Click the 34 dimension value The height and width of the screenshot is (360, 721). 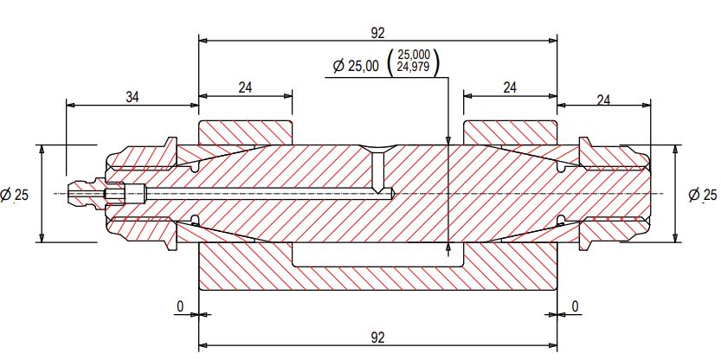click(132, 96)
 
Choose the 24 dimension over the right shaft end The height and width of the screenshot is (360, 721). click(603, 100)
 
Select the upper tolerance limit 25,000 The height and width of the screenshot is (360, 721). click(413, 55)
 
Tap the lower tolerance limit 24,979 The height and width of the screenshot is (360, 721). click(413, 67)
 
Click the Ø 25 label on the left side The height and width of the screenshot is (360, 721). click(15, 195)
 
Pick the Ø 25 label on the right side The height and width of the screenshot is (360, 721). click(703, 195)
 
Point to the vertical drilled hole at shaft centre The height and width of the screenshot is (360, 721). click(378, 171)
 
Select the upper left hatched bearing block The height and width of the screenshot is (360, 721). click(246, 132)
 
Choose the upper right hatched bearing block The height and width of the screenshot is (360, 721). click(510, 132)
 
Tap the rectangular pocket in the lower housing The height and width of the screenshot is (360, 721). click(378, 254)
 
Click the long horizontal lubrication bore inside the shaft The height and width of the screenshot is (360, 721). click(260, 193)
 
